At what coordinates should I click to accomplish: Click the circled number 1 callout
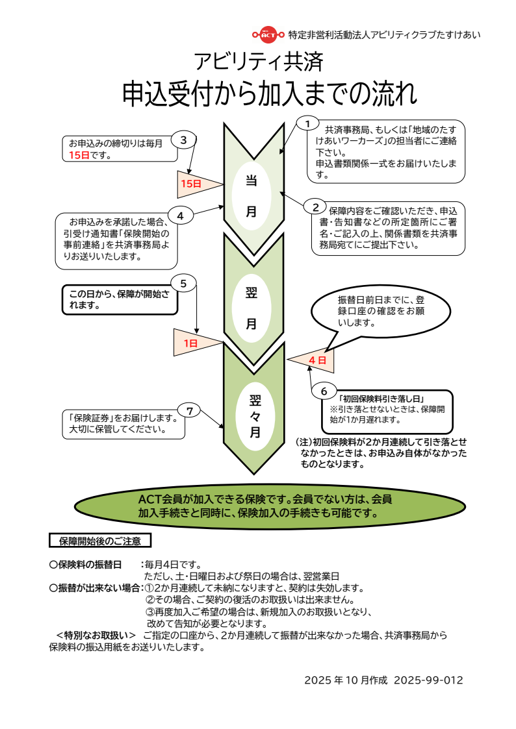coord(308,123)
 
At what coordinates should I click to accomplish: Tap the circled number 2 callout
coord(315,208)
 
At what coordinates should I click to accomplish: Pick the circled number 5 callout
coord(183,283)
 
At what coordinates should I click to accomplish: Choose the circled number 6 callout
coord(324,391)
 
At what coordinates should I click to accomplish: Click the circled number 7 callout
coord(189,410)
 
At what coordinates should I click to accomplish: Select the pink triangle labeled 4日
coord(315,360)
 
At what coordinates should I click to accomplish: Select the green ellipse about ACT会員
coord(257,506)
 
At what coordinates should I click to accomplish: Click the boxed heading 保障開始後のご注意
coord(100,540)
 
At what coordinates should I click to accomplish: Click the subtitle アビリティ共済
coord(258,62)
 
